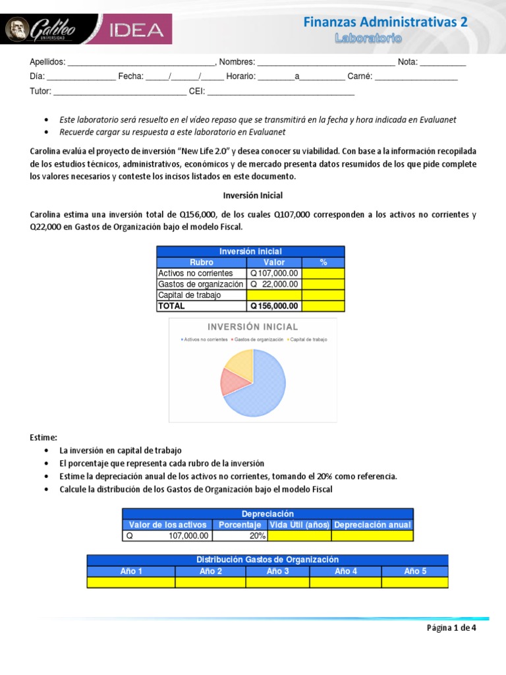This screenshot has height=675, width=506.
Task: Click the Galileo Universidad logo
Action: (x=42, y=30)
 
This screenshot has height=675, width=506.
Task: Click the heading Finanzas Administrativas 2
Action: (x=385, y=22)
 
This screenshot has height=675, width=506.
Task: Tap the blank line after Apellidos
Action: (x=141, y=63)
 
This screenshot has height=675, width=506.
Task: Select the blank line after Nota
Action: (x=443, y=63)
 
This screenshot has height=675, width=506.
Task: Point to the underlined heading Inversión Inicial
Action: (x=253, y=196)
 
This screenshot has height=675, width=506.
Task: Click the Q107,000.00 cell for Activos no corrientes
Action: (x=274, y=273)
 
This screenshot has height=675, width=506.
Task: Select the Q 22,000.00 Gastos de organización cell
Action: (x=274, y=284)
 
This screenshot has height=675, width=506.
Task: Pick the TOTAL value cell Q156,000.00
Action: (x=274, y=306)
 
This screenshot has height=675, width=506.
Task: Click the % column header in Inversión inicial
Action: (x=323, y=262)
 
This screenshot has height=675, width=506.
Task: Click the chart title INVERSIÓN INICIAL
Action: (x=253, y=327)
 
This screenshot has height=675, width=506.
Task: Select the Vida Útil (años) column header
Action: (x=299, y=525)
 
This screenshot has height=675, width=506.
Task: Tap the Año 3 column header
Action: (x=277, y=571)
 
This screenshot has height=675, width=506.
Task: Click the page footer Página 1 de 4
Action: (x=451, y=628)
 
